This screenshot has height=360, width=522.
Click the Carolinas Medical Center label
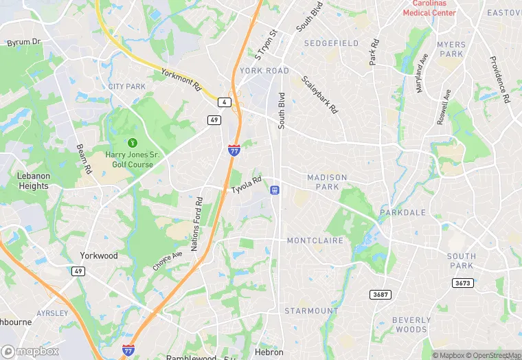(x=429, y=8)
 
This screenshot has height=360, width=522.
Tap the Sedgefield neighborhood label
(x=332, y=43)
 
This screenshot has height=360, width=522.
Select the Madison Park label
(x=327, y=182)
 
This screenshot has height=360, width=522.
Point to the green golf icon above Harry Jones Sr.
(x=133, y=142)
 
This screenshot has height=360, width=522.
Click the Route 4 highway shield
(x=224, y=102)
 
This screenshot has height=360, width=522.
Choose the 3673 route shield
(x=463, y=282)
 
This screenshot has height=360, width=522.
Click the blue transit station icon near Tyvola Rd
(x=274, y=190)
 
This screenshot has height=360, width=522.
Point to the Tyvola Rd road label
(x=246, y=185)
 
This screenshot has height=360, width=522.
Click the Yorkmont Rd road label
(x=180, y=80)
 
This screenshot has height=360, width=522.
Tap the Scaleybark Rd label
(x=319, y=94)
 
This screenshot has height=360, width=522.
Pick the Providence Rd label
(x=499, y=79)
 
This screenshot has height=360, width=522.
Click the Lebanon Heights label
(x=33, y=181)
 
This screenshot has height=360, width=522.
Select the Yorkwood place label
(x=99, y=256)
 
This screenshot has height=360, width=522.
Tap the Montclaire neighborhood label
(x=315, y=240)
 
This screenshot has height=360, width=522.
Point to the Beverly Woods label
(x=412, y=325)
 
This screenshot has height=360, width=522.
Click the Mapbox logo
(x=30, y=351)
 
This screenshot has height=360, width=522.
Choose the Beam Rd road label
(x=84, y=158)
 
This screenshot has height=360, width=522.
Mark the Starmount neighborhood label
(x=311, y=311)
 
